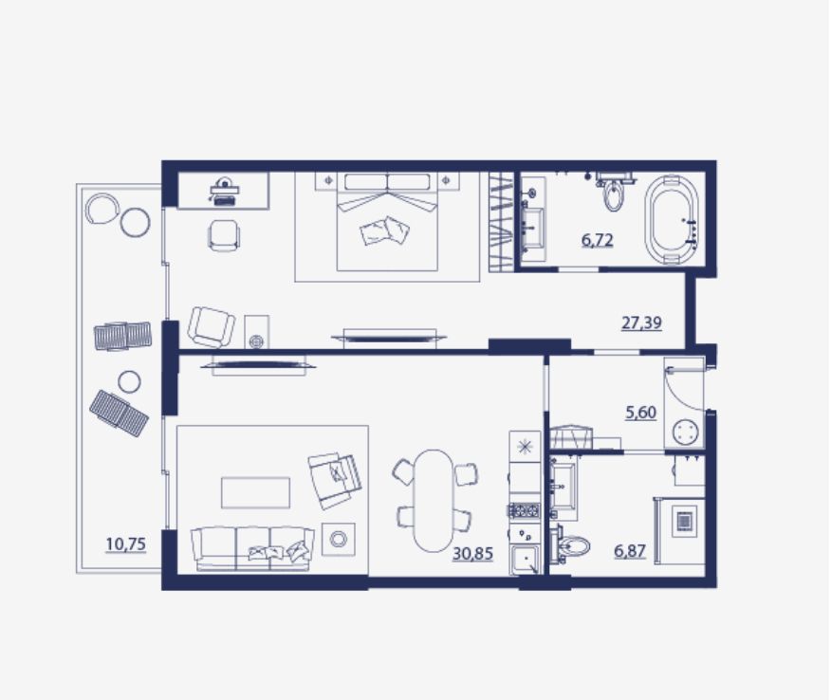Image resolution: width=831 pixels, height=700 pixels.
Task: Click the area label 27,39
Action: (641, 322)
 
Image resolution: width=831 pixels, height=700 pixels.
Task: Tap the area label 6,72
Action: (598, 240)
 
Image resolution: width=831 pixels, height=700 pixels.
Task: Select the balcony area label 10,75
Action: (125, 544)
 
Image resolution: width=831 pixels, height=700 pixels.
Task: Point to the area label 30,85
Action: (472, 554)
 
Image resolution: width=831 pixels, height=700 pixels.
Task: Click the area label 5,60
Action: (640, 413)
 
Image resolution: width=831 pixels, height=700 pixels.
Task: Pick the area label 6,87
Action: (630, 552)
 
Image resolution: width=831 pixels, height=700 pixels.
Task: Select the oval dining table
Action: (434, 501)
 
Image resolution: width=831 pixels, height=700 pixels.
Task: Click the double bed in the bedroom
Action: (387, 222)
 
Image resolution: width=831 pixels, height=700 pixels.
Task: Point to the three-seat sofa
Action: (252, 548)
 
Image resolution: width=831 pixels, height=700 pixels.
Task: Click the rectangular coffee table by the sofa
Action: (255, 493)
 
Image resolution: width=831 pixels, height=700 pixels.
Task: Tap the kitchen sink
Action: (525, 561)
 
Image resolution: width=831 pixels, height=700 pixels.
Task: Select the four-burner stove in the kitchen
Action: (525, 510)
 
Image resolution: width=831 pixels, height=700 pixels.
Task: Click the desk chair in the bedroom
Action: (224, 235)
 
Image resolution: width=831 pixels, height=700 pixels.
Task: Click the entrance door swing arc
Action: (684, 390)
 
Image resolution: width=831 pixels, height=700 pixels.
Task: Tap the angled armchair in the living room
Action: (335, 480)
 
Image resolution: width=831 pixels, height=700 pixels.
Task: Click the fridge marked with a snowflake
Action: (525, 447)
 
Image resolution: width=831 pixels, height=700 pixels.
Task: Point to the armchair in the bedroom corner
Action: (211, 327)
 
